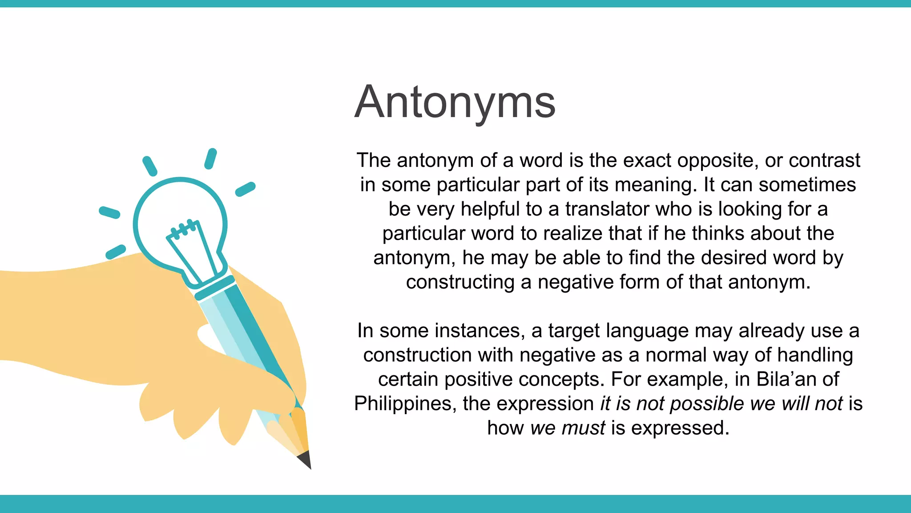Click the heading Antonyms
coord(455,102)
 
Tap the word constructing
coord(460,282)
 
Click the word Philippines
coord(405,404)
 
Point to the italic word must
coord(583,428)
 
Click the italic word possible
coord(707,404)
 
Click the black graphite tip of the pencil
coord(305,460)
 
